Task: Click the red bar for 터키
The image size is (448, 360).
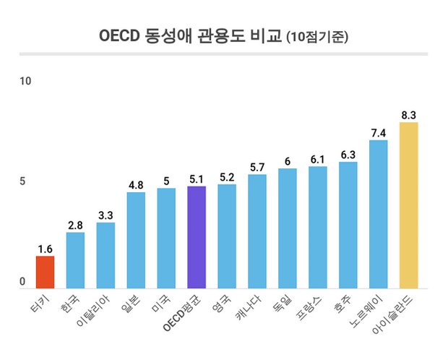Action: (x=46, y=273)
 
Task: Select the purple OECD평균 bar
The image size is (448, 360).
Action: (x=197, y=237)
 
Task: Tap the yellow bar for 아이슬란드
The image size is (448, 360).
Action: (x=408, y=205)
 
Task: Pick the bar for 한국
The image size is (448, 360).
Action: (x=76, y=260)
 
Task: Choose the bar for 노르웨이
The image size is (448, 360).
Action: (x=378, y=214)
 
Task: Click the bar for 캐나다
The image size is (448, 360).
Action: (x=257, y=231)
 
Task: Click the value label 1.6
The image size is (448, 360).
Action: (x=46, y=249)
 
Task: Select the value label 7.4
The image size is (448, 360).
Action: (x=378, y=132)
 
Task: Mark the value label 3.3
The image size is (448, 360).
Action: (x=105, y=215)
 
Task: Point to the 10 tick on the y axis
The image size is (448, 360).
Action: (x=25, y=81)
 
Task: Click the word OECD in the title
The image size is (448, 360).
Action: (x=117, y=36)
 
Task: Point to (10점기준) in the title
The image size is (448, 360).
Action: (x=317, y=37)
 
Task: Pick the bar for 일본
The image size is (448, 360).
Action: (x=136, y=240)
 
